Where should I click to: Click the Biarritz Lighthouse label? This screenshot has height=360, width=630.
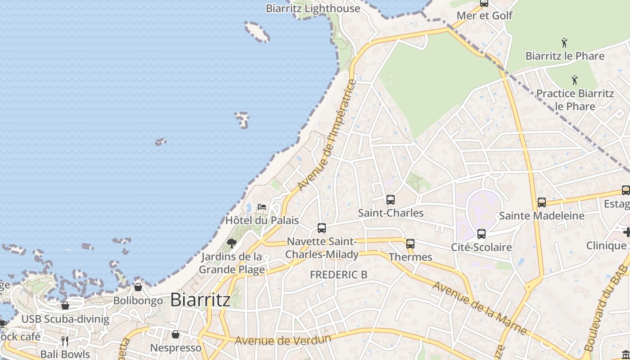click(x=313, y=8)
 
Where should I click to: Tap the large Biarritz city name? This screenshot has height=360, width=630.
click(x=200, y=300)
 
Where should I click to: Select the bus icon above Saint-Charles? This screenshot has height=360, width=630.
click(x=391, y=199)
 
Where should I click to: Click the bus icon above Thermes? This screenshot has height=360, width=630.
click(x=410, y=244)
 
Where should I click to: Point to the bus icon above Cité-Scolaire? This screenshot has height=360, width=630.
click(x=481, y=234)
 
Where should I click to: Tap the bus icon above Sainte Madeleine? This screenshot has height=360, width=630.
click(x=542, y=202)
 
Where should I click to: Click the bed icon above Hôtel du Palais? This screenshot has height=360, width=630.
click(x=261, y=207)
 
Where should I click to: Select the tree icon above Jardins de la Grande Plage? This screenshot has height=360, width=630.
click(x=232, y=243)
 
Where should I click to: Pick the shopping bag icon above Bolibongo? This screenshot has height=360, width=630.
click(x=138, y=287)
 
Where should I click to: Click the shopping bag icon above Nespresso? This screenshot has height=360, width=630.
click(x=175, y=334)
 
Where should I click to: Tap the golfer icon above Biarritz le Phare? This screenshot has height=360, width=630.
click(x=564, y=43)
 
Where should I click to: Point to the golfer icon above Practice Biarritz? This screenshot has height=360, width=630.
click(x=575, y=81)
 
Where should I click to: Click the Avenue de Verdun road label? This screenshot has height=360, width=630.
click(x=283, y=340)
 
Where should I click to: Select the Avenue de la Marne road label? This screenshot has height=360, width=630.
click(x=480, y=308)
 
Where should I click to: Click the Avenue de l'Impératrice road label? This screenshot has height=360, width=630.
click(x=327, y=135)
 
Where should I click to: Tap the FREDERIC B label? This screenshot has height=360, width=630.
click(x=339, y=274)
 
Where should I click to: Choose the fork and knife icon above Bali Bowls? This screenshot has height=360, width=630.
click(x=65, y=341)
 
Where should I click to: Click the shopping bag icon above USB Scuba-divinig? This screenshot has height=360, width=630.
click(x=65, y=306)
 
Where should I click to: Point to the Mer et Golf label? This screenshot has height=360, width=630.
click(x=484, y=16)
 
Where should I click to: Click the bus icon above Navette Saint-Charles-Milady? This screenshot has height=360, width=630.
click(x=322, y=228)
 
